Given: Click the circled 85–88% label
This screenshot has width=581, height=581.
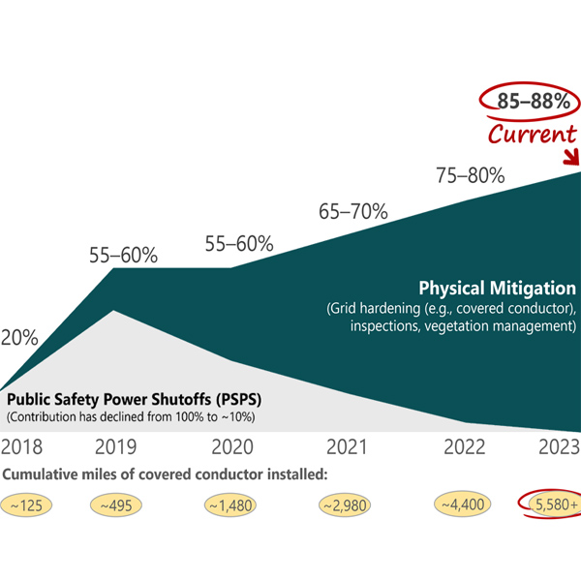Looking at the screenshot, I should pyautogui.click(x=527, y=102).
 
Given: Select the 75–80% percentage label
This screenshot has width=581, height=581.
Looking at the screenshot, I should pyautogui.click(x=469, y=175).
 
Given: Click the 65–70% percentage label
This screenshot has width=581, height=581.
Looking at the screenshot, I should pyautogui.click(x=353, y=211).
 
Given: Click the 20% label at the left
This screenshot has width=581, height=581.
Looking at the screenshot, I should pyautogui.click(x=18, y=338).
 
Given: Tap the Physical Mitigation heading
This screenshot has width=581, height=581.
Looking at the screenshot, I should pyautogui.click(x=497, y=289).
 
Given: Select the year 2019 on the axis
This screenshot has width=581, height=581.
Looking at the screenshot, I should pyautogui.click(x=115, y=447).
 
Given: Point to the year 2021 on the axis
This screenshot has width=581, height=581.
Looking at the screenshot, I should pyautogui.click(x=347, y=447).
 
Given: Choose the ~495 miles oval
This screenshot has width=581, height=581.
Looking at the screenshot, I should pyautogui.click(x=116, y=505).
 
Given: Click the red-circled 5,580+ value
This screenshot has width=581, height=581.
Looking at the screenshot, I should pyautogui.click(x=554, y=505).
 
